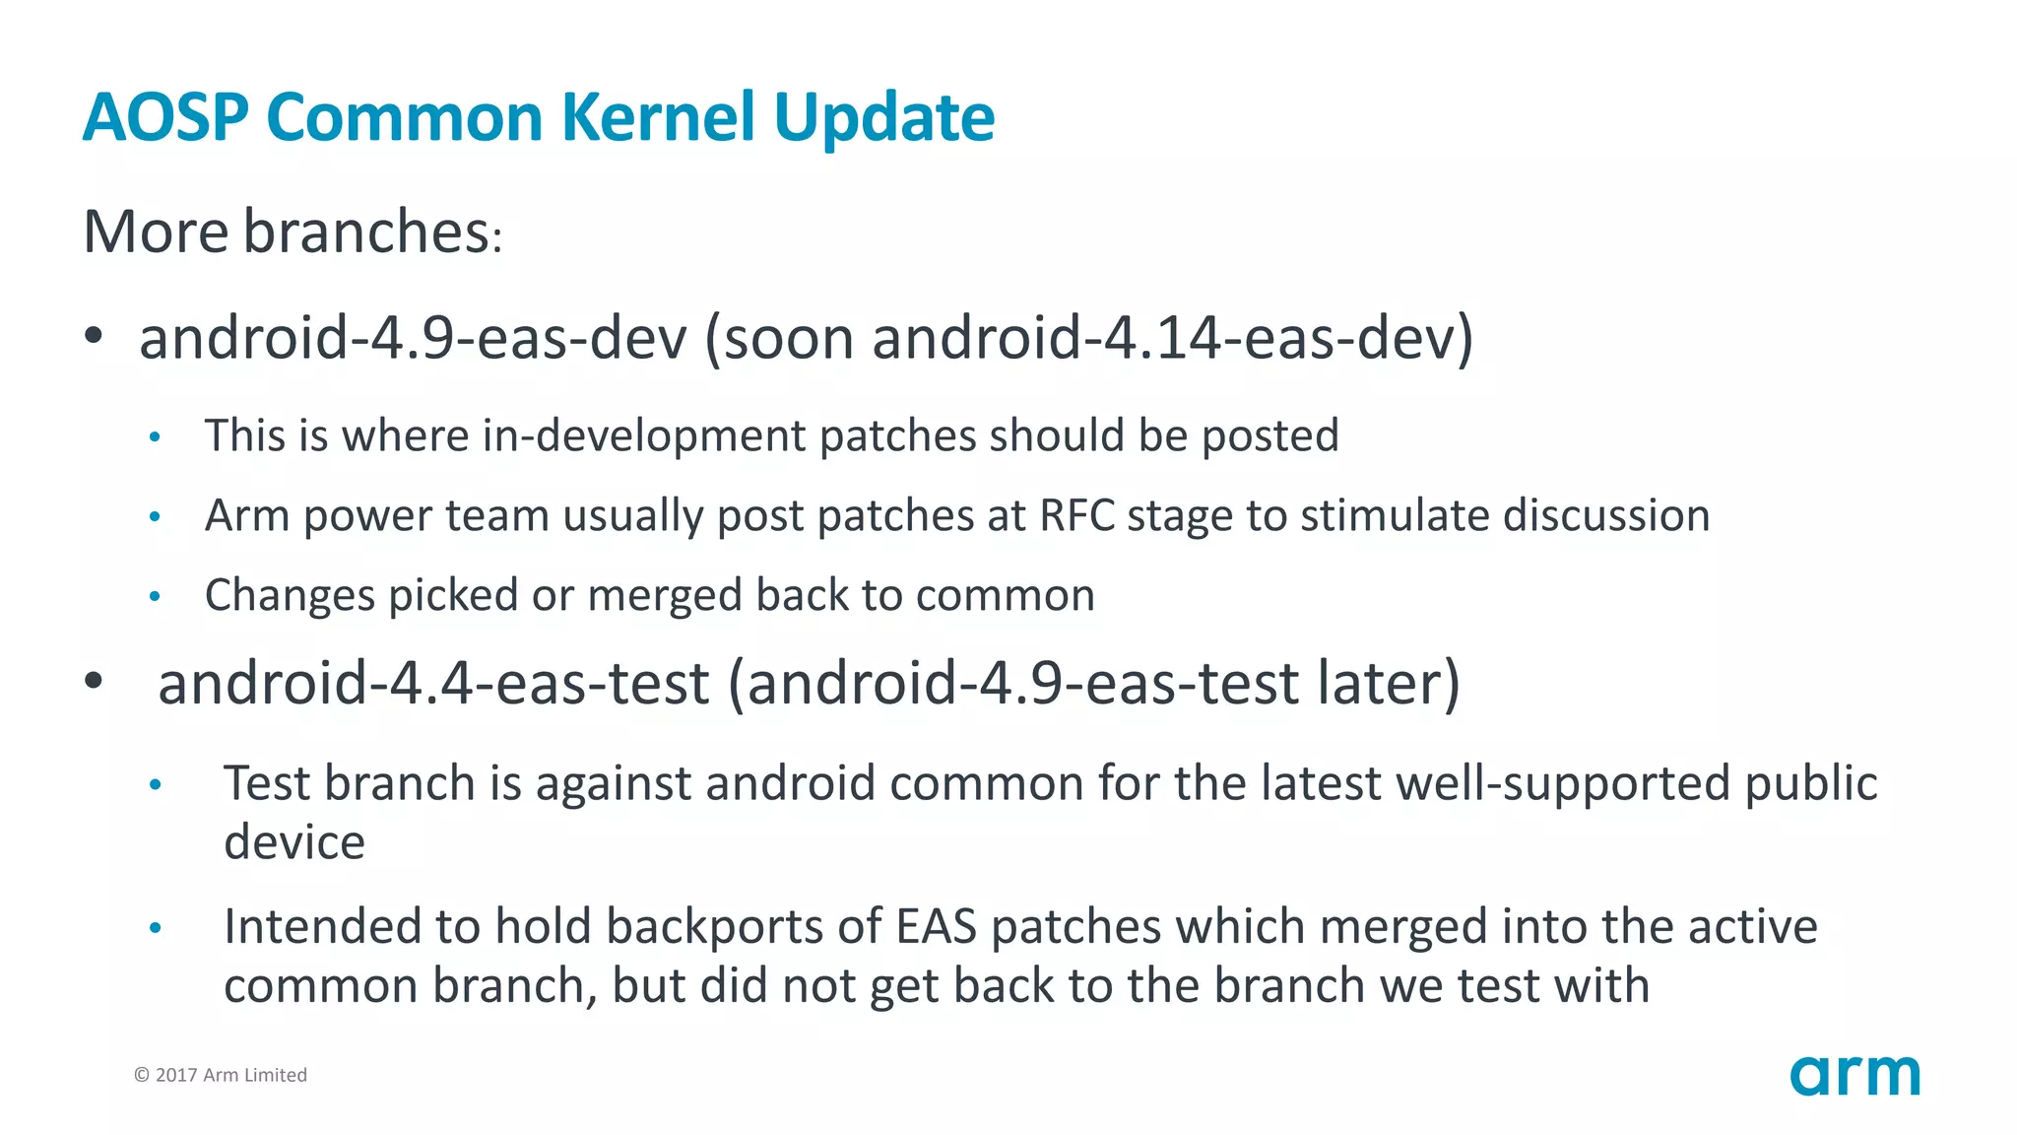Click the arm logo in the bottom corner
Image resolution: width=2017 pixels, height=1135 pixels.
(x=1854, y=1075)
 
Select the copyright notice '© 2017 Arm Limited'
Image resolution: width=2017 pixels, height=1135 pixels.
(x=221, y=1075)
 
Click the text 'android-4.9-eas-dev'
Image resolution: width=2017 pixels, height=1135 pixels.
(x=413, y=338)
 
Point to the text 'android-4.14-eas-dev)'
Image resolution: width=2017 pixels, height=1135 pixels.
(x=1172, y=338)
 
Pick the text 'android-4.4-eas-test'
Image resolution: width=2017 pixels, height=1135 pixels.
(x=433, y=683)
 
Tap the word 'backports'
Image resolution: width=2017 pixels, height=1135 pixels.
(x=714, y=926)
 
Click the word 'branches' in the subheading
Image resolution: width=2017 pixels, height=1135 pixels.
(x=366, y=232)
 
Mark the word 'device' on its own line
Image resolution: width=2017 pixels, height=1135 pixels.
(x=294, y=842)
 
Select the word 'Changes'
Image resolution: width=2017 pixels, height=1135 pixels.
(x=290, y=596)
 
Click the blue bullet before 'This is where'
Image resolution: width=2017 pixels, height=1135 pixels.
(x=155, y=436)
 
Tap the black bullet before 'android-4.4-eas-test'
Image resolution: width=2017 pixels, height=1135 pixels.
(x=94, y=681)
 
